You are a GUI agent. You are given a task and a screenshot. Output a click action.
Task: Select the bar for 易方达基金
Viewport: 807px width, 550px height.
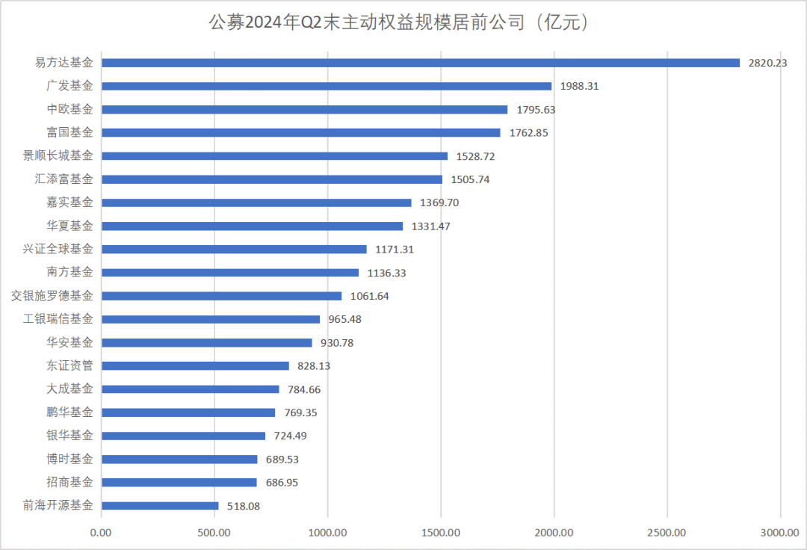click(x=420, y=63)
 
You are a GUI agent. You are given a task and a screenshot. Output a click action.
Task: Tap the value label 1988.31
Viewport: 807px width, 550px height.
click(x=580, y=86)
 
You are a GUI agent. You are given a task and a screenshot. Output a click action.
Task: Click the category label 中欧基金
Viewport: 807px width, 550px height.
click(x=70, y=109)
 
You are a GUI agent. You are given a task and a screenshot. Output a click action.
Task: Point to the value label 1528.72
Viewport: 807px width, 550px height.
click(x=476, y=156)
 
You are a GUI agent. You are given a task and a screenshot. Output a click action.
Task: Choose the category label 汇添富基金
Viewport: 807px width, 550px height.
click(x=64, y=179)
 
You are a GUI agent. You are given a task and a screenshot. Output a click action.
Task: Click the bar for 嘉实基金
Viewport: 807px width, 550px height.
click(x=256, y=203)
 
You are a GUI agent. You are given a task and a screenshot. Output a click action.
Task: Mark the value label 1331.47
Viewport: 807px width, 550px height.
click(x=431, y=226)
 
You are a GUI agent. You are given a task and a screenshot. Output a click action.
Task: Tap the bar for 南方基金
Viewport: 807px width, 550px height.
click(x=229, y=273)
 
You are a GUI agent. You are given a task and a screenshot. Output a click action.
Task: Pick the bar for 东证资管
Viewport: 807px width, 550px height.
click(x=195, y=366)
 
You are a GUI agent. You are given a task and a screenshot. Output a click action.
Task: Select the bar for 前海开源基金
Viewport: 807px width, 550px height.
click(x=160, y=506)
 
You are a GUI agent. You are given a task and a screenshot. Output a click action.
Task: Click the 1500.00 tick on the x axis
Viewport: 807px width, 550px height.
click(x=441, y=532)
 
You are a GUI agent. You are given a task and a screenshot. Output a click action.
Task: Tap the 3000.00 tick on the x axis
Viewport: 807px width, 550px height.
click(x=780, y=532)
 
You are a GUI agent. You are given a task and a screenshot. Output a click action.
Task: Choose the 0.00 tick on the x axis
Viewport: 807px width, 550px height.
click(x=101, y=532)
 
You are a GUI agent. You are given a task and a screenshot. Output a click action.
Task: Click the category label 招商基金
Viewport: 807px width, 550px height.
click(x=70, y=483)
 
